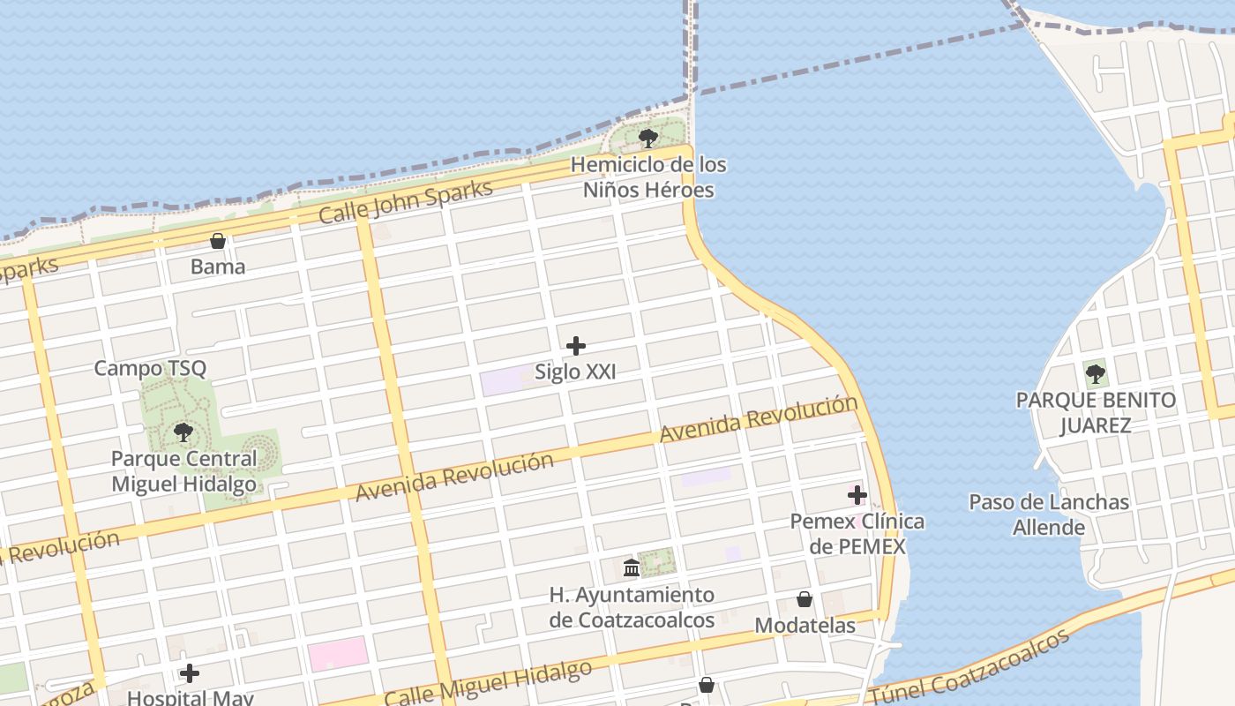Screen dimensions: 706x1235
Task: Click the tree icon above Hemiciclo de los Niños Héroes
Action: [x=648, y=139]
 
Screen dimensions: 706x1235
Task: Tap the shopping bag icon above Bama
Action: [x=218, y=241]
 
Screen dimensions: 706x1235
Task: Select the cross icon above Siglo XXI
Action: [x=576, y=346]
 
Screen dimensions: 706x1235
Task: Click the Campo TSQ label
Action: [x=150, y=368]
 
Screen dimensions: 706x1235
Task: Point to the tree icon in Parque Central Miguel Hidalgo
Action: [x=183, y=432]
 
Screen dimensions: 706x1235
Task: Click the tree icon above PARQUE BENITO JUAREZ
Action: [x=1096, y=374]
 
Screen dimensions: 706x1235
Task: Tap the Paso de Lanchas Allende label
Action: [x=1049, y=514]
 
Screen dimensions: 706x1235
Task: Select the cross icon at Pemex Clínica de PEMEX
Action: [x=857, y=495]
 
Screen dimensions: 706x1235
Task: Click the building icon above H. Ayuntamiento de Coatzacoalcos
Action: [x=632, y=568]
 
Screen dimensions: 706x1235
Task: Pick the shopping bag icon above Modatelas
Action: [x=805, y=600]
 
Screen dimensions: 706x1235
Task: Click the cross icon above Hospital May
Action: [x=190, y=674]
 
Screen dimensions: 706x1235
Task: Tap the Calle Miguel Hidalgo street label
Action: [x=488, y=683]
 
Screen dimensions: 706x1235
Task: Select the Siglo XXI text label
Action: [x=575, y=372]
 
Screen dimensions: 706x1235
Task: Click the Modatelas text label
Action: [x=805, y=626]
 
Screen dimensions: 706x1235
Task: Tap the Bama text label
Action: [x=218, y=267]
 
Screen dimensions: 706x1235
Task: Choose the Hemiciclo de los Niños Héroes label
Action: [x=648, y=177]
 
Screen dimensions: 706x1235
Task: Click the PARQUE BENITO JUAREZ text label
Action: [x=1096, y=412]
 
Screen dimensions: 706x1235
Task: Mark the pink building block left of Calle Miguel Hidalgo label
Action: [x=338, y=654]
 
